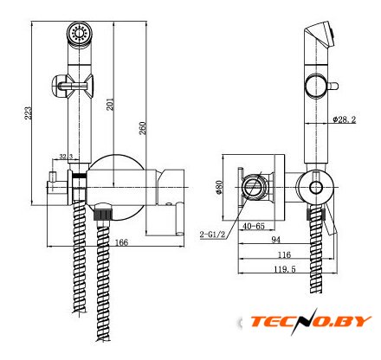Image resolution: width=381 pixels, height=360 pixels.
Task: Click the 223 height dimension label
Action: click(28, 113)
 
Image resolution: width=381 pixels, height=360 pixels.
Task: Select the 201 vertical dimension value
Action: click(110, 104)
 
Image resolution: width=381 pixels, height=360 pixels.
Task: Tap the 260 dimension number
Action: click(143, 128)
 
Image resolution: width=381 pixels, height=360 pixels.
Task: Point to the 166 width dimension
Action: click(121, 242)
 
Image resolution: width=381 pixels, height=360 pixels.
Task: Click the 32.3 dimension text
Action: click(66, 157)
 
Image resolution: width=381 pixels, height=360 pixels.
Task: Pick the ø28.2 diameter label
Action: click(344, 119)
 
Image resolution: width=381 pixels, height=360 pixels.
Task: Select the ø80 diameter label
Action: click(219, 188)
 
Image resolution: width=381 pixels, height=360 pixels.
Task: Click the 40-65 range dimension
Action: click(254, 226)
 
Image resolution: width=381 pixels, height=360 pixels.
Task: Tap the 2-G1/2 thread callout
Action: click(212, 235)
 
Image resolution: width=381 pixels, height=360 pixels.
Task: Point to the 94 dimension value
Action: click(276, 240)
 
